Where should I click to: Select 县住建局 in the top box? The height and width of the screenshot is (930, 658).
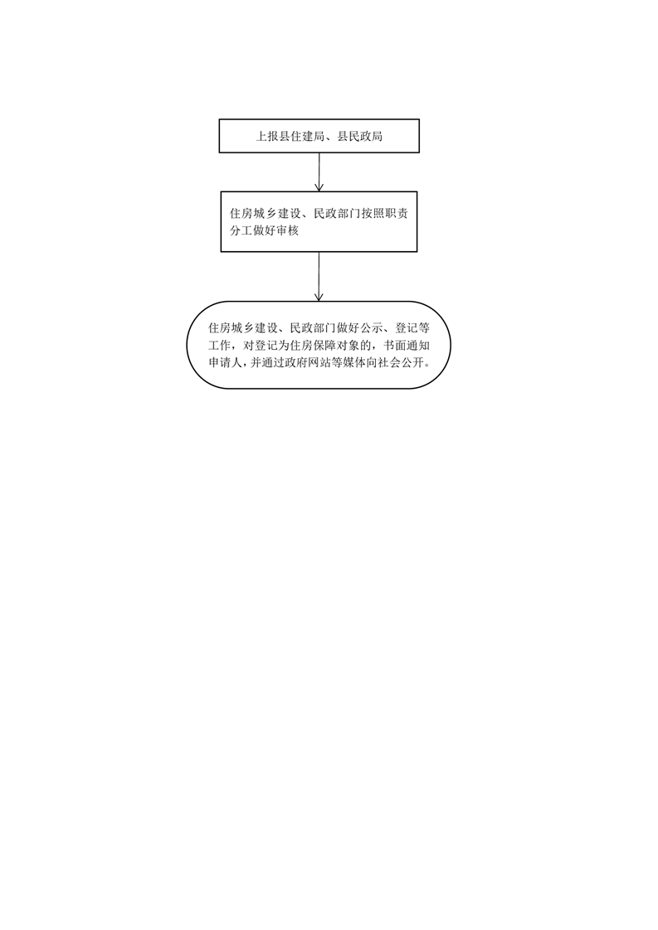302,137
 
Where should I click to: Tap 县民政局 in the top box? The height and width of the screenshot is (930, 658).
360,137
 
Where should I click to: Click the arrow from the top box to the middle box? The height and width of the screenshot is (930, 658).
319,172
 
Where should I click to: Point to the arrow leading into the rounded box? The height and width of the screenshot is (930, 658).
319,276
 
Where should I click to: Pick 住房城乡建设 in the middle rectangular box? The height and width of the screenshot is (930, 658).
266,214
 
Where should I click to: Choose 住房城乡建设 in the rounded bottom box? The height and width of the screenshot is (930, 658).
243,328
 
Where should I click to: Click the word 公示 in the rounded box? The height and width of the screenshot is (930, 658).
372,328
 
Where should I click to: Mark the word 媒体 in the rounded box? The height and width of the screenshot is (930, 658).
350,362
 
